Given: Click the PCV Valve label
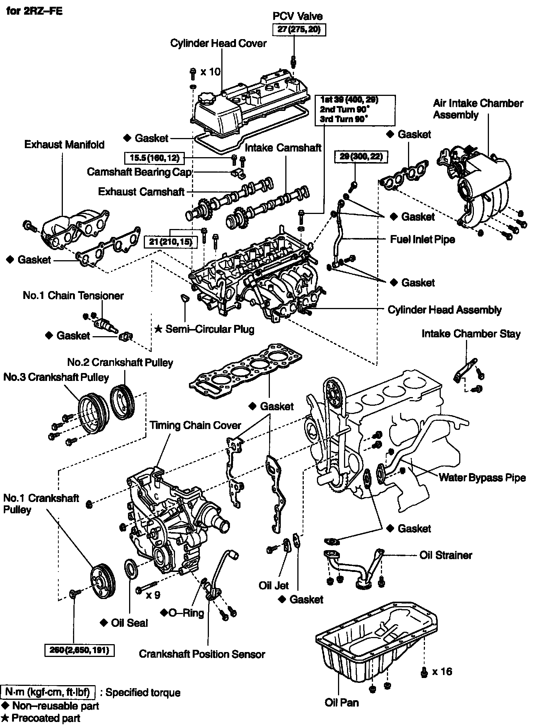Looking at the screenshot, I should point(297,16).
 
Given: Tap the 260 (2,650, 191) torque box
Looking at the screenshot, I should point(79,649).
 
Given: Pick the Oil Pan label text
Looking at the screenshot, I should point(342,702).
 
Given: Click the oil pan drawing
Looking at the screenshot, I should point(376,643).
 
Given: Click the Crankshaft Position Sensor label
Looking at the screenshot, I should point(202,654).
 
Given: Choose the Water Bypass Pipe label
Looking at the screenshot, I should point(482,478).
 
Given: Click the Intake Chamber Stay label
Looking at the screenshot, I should point(471,334).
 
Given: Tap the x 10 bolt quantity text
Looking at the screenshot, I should point(210,71).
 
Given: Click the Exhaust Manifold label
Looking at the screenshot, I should point(64,145).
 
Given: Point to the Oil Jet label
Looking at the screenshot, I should point(274,585).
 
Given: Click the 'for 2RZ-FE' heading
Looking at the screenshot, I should point(35,11).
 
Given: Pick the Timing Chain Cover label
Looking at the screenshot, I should point(195,425).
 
